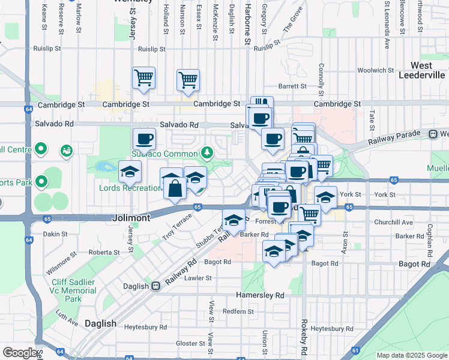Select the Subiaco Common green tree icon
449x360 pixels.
coord(207,152)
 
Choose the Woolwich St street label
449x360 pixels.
coord(375,71)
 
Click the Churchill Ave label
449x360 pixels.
coord(394,222)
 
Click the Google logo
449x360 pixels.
coord(20,353)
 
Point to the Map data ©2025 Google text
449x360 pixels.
coord(412,355)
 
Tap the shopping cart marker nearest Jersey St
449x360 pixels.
coord(143,77)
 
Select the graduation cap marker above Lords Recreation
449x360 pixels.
coord(130,172)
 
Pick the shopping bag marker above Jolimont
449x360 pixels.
coord(173,188)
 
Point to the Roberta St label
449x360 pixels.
coord(103,253)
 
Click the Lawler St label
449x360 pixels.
coord(198,278)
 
